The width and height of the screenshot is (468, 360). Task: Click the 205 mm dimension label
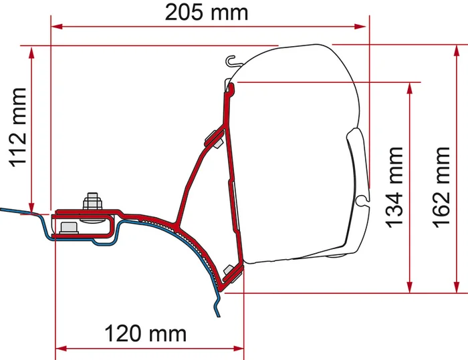[207, 12]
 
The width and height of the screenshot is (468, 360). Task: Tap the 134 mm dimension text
[395, 186]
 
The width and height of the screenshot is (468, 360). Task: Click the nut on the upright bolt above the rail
[91, 201]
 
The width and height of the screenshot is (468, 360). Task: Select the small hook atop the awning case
[231, 62]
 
